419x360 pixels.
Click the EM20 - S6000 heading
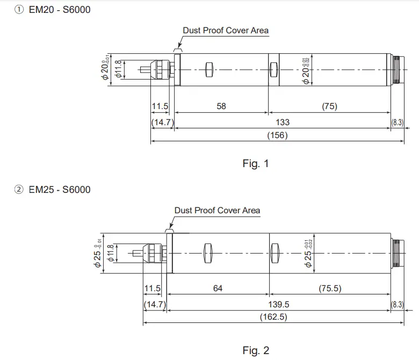point(60,9)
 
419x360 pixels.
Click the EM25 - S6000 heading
point(60,189)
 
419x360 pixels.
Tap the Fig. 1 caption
point(255,164)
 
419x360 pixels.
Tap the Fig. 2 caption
point(255,351)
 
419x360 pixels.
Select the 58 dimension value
point(221,106)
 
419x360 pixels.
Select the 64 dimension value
point(218,289)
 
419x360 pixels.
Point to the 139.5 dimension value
point(278,304)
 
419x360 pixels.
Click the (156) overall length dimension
point(277,135)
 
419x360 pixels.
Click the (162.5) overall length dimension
point(273,317)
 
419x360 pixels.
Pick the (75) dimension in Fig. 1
point(329,106)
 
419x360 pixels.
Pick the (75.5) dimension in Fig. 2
point(330,289)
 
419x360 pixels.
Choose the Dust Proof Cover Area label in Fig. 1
point(226,31)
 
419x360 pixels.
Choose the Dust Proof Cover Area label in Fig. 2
point(217,210)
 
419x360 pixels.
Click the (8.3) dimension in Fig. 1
point(398,122)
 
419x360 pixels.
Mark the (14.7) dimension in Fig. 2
point(155,304)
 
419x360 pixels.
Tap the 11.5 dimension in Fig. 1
point(160,106)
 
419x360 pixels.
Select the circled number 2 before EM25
point(19,189)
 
